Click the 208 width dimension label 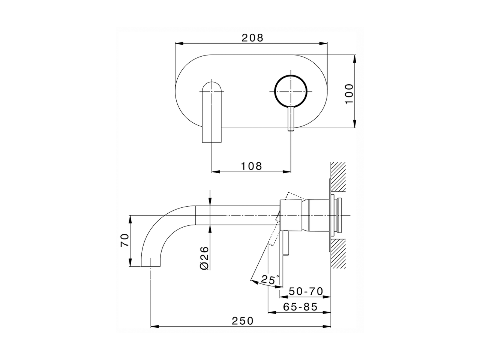(x=252, y=38)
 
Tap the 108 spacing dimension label (x=252, y=166)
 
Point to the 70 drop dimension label (x=124, y=240)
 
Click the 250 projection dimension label (x=242, y=321)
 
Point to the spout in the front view (x=212, y=112)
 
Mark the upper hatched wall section (x=338, y=178)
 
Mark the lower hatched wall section (x=338, y=254)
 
